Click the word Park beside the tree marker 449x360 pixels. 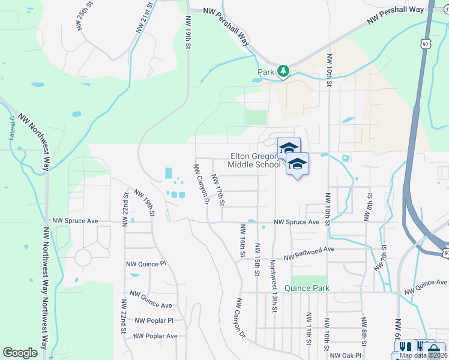click(266, 72)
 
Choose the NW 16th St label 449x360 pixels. click(243, 241)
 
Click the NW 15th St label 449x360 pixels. click(257, 259)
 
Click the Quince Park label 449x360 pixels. click(308, 288)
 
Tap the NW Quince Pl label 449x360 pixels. click(145, 264)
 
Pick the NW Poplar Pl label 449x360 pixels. click(154, 320)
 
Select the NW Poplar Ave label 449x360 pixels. click(155, 336)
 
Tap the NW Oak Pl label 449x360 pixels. click(345, 355)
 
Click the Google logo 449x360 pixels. click(20, 353)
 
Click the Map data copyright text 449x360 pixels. click(423, 355)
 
